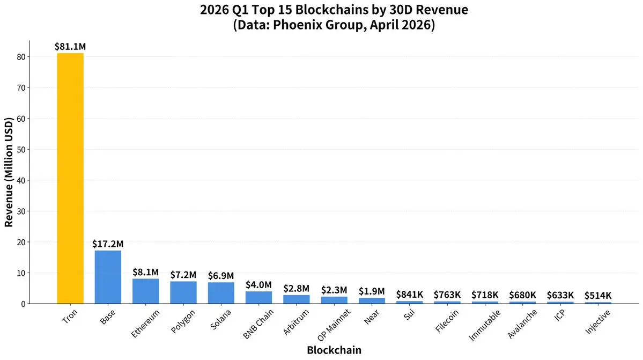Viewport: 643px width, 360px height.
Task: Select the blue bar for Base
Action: [108, 277]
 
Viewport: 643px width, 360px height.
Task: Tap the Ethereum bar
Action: [145, 291]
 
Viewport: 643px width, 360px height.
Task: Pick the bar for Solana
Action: [221, 293]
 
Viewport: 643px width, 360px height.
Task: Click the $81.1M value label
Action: [70, 47]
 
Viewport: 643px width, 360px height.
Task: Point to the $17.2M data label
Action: [108, 244]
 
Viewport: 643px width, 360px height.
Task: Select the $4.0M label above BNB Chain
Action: [258, 285]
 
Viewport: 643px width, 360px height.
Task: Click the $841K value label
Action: [410, 295]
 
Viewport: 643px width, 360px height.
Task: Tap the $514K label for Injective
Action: [598, 296]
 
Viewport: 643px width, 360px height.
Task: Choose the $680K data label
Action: [523, 295]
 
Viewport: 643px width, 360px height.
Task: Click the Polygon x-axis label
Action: [183, 321]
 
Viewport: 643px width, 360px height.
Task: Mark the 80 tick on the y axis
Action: [20, 57]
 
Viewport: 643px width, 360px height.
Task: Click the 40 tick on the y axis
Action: [20, 180]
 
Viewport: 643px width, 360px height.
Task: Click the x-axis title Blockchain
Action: [334, 350]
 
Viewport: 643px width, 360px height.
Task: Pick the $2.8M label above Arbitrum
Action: [296, 289]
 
